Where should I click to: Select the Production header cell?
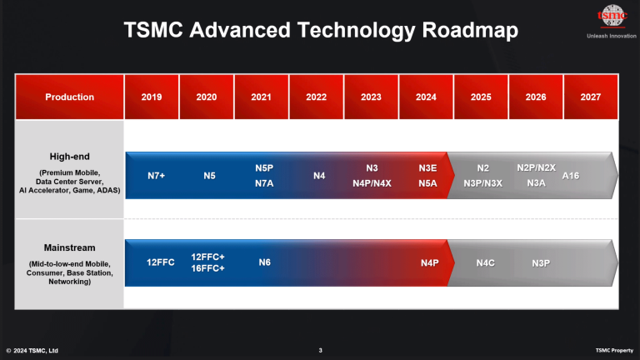coord(69,97)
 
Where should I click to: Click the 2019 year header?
coord(151,97)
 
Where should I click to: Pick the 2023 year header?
coord(371,97)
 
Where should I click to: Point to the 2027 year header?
coord(591,97)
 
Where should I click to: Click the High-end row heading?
coord(69,156)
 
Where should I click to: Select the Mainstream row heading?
coord(69,247)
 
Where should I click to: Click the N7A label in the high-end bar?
coord(264,183)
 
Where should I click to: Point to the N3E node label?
coord(427,167)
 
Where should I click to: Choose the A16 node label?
coord(571,176)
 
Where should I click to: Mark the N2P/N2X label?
coord(536,167)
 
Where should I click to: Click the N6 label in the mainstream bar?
coord(264,262)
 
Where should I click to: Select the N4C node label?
coord(485,262)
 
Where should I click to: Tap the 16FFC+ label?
coord(208,268)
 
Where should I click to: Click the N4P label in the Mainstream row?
coord(429,262)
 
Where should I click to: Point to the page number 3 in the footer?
coord(320,350)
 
